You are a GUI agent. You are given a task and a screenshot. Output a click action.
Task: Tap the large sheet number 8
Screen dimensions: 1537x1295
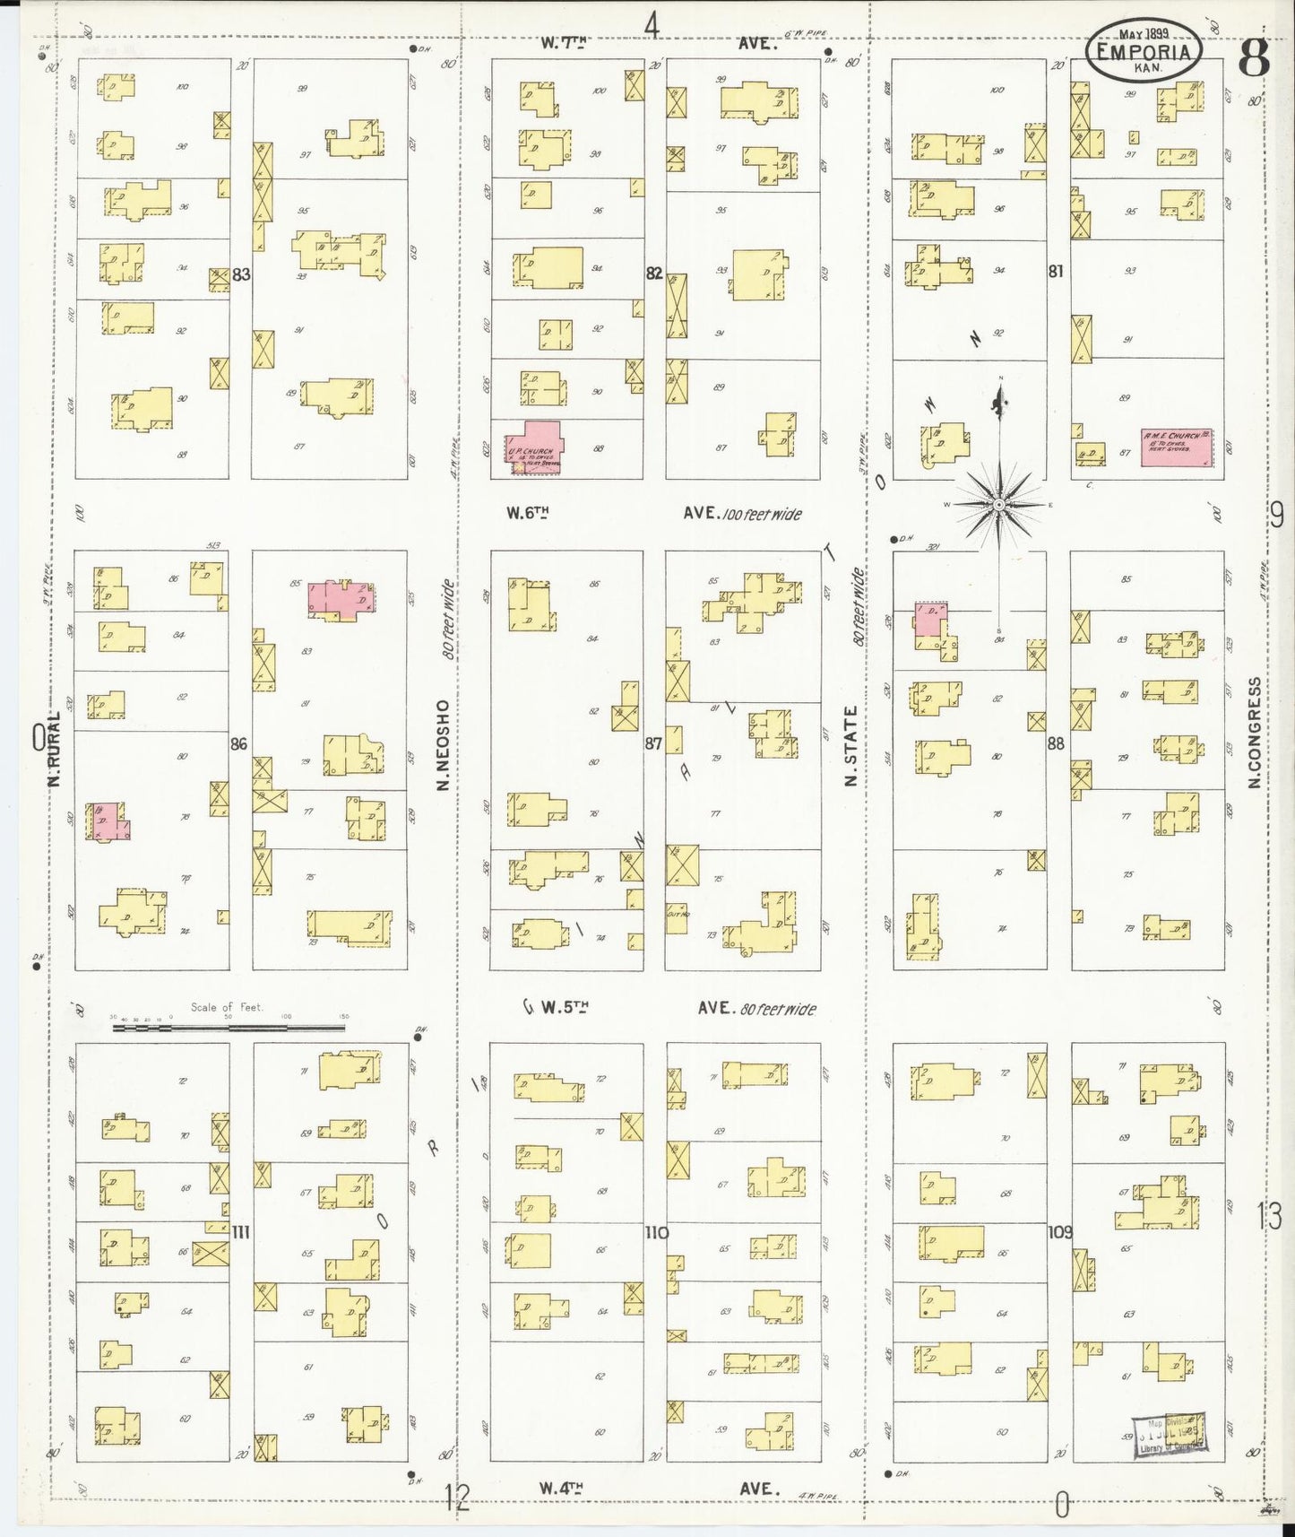click(x=1253, y=59)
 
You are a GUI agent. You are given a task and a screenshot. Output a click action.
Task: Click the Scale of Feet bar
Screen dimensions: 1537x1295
click(x=229, y=1028)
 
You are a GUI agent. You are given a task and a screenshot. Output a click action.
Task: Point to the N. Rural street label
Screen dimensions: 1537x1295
click(x=53, y=750)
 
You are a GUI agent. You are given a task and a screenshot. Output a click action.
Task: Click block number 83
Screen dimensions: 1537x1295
click(x=240, y=274)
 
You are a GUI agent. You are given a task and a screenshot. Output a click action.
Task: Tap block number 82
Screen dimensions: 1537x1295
click(x=654, y=273)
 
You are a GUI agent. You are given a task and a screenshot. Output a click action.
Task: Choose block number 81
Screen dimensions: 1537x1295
click(x=1057, y=270)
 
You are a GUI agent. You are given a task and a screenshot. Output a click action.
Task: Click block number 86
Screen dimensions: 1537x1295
click(x=238, y=743)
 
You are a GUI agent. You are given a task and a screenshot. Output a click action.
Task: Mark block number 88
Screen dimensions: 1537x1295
click(x=1057, y=742)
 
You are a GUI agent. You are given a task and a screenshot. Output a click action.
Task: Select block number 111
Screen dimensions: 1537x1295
click(x=240, y=1232)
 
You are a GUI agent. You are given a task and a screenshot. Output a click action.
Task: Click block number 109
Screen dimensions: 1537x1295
click(x=1059, y=1232)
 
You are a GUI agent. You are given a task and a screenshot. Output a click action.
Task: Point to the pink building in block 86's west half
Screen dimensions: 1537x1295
click(x=108, y=821)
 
